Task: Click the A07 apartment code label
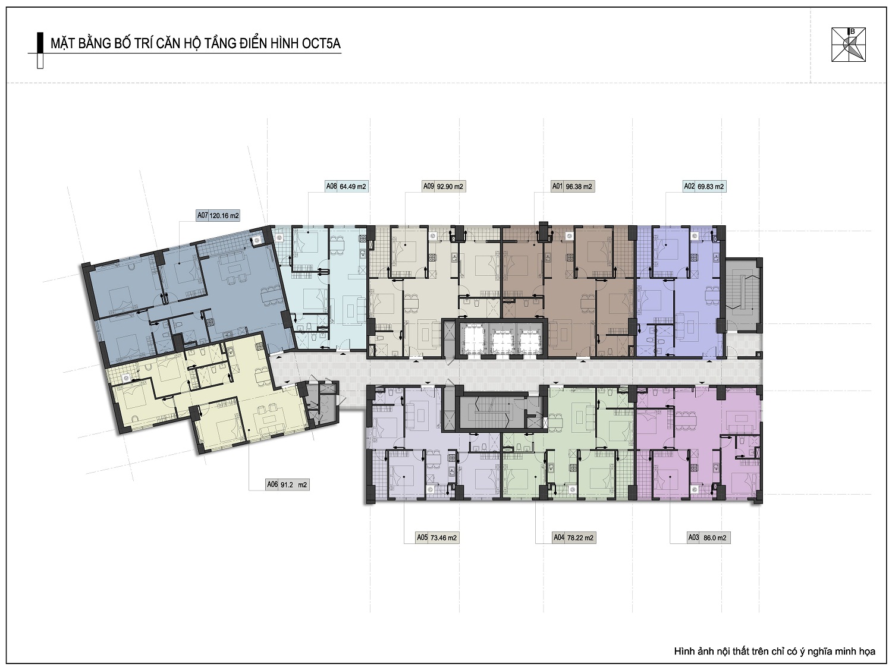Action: click(x=202, y=215)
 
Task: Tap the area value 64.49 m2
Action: click(x=353, y=187)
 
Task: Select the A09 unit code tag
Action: click(x=429, y=186)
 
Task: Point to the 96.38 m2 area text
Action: click(x=579, y=187)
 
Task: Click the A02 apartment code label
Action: click(x=689, y=186)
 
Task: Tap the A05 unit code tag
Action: click(x=422, y=537)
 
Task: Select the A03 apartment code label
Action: click(x=693, y=537)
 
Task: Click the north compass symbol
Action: click(x=849, y=45)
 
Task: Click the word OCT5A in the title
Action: click(x=321, y=43)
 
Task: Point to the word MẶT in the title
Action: click(x=62, y=43)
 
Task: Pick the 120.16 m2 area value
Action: click(x=224, y=216)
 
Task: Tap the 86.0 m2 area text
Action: click(x=715, y=537)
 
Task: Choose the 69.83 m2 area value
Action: click(x=711, y=187)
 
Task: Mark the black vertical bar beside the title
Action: click(x=40, y=43)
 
